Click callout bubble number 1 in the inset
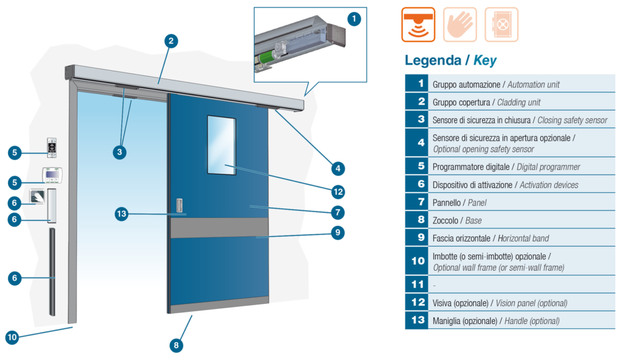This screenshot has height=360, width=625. point(354,19)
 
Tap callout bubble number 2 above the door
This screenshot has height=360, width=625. point(171,41)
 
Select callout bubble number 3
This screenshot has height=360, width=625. point(119,152)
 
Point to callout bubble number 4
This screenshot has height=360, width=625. point(338,168)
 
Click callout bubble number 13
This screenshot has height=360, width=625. point(121,214)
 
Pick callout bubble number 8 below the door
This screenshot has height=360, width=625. point(176,345)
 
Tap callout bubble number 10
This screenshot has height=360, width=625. point(12,337)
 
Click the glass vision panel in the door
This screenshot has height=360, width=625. point(222,145)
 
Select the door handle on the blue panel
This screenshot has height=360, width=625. point(179,205)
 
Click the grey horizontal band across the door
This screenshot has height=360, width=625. point(219,228)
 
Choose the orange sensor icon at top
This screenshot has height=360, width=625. point(418,24)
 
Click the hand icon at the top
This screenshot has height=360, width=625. point(460,24)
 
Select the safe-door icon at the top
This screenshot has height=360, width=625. point(502,24)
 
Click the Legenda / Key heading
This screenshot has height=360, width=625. point(450,60)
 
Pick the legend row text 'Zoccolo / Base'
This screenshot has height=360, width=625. point(457,220)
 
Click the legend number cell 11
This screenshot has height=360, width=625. point(417,284)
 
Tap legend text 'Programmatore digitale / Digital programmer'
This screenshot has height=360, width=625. point(506,167)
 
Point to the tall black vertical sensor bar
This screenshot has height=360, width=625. point(52,272)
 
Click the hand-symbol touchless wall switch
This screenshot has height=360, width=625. point(37,196)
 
